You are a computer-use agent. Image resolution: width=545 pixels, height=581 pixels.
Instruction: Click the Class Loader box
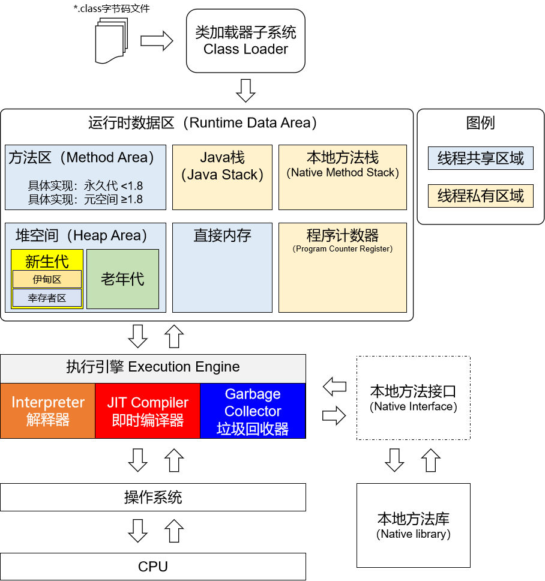[245, 41]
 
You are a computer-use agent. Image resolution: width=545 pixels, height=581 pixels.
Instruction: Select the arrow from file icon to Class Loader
[157, 41]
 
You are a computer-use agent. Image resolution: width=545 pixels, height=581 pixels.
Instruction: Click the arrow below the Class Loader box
[245, 90]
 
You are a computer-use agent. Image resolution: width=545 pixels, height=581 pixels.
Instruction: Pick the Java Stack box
[222, 177]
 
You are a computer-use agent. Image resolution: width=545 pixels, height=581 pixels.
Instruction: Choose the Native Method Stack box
[343, 177]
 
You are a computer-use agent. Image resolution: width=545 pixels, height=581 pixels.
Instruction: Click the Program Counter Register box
[343, 267]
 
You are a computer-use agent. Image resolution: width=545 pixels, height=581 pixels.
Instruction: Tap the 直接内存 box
[222, 267]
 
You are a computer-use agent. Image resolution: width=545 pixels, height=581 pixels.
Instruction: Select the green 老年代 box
[122, 279]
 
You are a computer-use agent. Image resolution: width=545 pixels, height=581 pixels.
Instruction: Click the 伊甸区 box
[47, 279]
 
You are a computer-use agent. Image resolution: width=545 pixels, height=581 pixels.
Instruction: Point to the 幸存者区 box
[47, 298]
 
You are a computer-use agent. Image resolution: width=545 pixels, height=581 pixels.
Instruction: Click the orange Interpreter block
[48, 411]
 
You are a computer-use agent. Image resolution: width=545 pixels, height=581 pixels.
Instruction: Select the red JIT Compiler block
[148, 411]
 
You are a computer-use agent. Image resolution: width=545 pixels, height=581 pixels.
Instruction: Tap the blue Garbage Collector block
[253, 411]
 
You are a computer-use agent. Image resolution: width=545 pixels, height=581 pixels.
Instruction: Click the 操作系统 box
[153, 497]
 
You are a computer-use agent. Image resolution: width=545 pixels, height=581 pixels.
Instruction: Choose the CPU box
[153, 566]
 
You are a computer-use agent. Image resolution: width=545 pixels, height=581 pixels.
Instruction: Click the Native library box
[414, 525]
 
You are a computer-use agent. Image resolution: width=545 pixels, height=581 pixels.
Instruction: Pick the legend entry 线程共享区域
[481, 158]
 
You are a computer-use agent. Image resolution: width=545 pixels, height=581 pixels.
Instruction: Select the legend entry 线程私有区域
[481, 196]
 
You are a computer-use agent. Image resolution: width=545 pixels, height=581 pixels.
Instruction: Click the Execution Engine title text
[153, 367]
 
